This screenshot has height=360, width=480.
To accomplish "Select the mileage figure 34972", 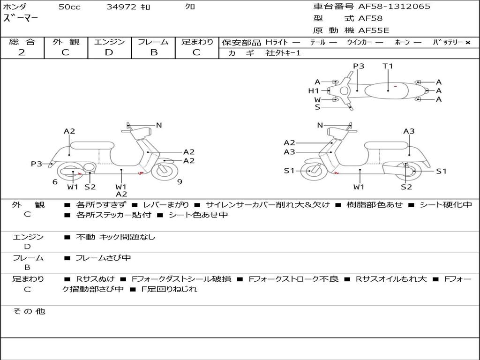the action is (x=121, y=7).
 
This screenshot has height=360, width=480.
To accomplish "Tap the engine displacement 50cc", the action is (x=69, y=7).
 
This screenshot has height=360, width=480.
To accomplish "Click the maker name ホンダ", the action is (x=15, y=7).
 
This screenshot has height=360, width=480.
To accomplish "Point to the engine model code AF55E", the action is (x=374, y=31).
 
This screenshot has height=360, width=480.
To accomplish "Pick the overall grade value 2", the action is (x=22, y=52).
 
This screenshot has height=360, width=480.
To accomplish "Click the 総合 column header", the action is (x=22, y=42).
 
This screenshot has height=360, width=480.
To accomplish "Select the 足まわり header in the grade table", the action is (x=197, y=42).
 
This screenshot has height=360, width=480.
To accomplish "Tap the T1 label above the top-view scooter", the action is (x=388, y=66).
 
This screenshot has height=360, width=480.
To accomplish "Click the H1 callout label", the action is (x=313, y=90).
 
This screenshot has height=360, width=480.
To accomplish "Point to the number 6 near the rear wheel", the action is (x=55, y=182).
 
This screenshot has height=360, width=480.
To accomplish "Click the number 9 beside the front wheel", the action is (x=180, y=182).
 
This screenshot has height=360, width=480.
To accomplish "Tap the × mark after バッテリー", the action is (x=467, y=42).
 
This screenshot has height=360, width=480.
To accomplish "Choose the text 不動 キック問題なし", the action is (x=115, y=237).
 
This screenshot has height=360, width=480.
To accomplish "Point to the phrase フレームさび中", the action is (x=103, y=258).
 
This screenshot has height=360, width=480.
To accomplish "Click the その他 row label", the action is (x=29, y=311).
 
